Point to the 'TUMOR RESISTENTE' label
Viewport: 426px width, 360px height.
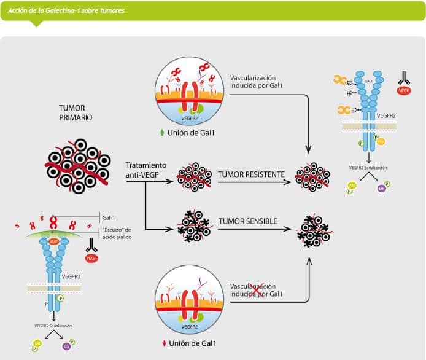coord(251,174)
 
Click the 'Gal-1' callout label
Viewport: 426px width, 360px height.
coord(110,217)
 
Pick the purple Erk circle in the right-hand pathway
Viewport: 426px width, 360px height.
coord(380,187)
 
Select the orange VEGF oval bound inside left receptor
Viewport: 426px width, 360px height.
coord(54,241)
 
